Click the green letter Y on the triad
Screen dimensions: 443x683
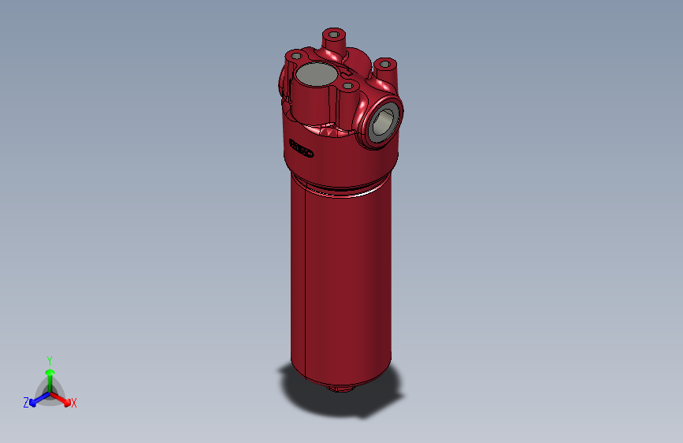click(49, 359)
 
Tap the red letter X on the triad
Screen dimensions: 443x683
click(74, 404)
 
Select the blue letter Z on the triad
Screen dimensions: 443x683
click(26, 403)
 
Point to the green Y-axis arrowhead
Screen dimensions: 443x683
click(49, 371)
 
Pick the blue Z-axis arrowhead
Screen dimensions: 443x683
click(34, 400)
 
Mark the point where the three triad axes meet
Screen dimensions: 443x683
click(50, 392)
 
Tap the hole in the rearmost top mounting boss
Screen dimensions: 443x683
click(335, 35)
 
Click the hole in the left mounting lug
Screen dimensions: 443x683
click(295, 56)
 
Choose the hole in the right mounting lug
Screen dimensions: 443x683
click(386, 64)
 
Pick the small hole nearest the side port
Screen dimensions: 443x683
click(349, 84)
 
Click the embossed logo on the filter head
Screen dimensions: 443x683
click(301, 147)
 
